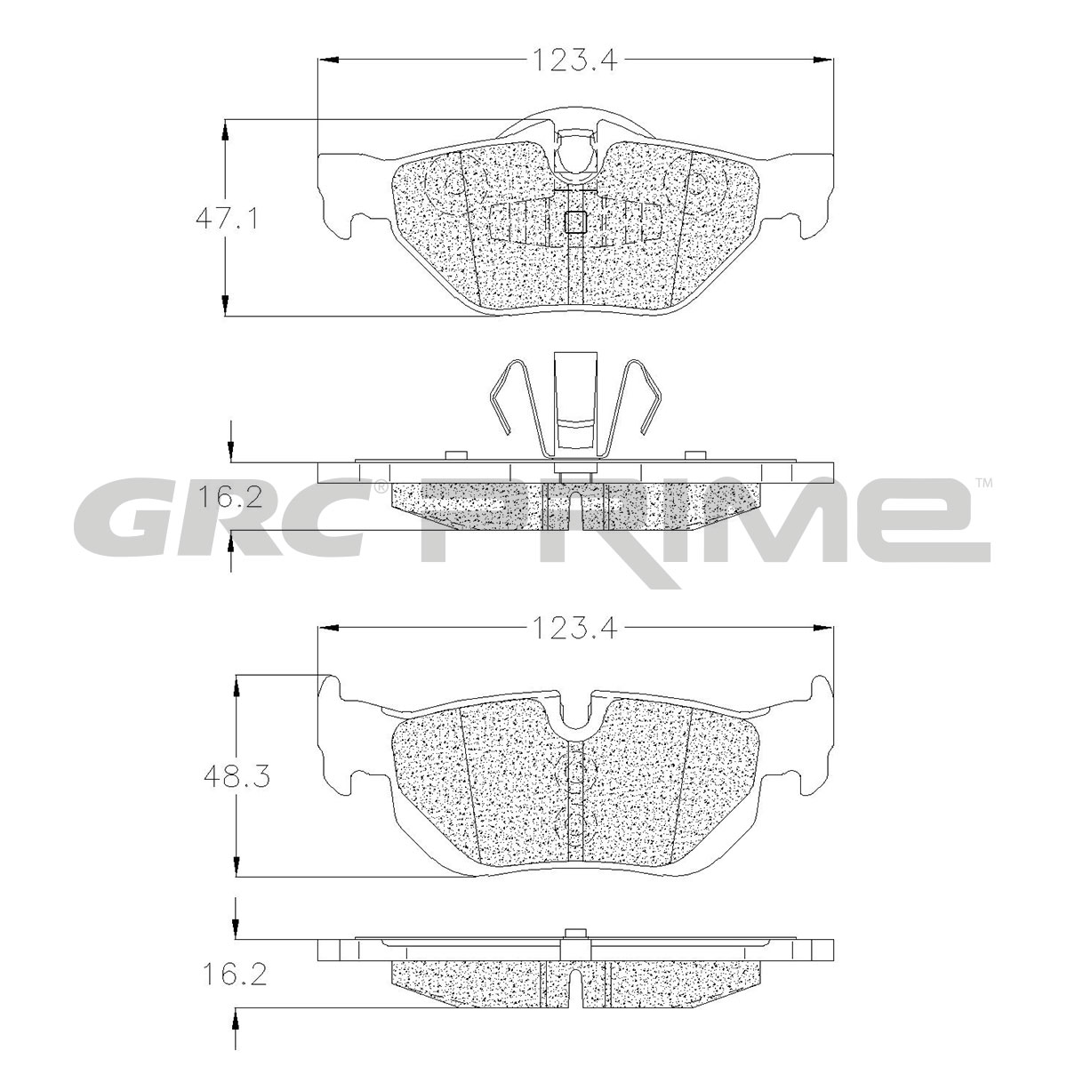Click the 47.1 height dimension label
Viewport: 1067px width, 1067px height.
click(227, 221)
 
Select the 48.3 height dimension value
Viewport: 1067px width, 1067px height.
click(237, 777)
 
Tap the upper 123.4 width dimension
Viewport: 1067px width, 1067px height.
click(574, 60)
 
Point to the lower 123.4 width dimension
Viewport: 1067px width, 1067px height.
click(574, 629)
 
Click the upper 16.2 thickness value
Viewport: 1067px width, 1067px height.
click(229, 498)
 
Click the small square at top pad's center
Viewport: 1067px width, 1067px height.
click(574, 222)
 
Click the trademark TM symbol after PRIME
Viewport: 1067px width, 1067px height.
click(983, 483)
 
